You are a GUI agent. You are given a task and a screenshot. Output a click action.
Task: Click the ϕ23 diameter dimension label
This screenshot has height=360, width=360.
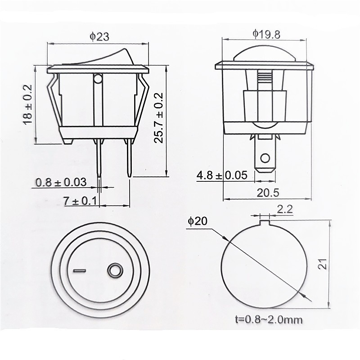tap(99, 37)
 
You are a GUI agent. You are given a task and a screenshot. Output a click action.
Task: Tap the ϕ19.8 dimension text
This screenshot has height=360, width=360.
tap(267, 34)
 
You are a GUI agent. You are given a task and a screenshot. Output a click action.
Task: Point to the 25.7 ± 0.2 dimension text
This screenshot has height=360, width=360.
tap(159, 117)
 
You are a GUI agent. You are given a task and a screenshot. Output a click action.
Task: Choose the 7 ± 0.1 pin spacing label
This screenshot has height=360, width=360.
tap(81, 201)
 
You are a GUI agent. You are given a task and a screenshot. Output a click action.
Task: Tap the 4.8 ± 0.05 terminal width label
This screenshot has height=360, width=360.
tap(222, 175)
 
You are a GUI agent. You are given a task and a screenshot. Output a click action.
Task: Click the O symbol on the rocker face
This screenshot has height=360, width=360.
tap(114, 271)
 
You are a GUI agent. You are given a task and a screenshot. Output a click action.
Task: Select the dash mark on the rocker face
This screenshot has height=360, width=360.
tap(79, 271)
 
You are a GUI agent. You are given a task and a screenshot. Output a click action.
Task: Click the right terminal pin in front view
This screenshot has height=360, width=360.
tap(129, 157)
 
